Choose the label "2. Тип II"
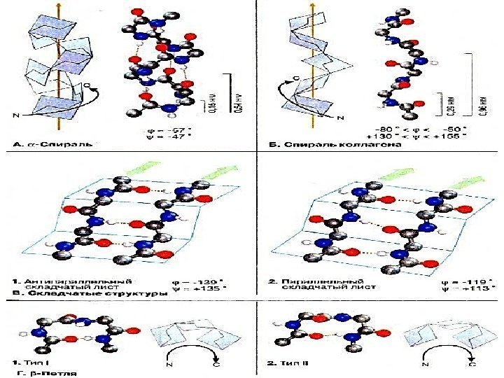pyautogui.click(x=295, y=364)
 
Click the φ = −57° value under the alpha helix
pyautogui.click(x=173, y=129)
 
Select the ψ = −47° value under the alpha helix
pyautogui.click(x=173, y=139)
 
